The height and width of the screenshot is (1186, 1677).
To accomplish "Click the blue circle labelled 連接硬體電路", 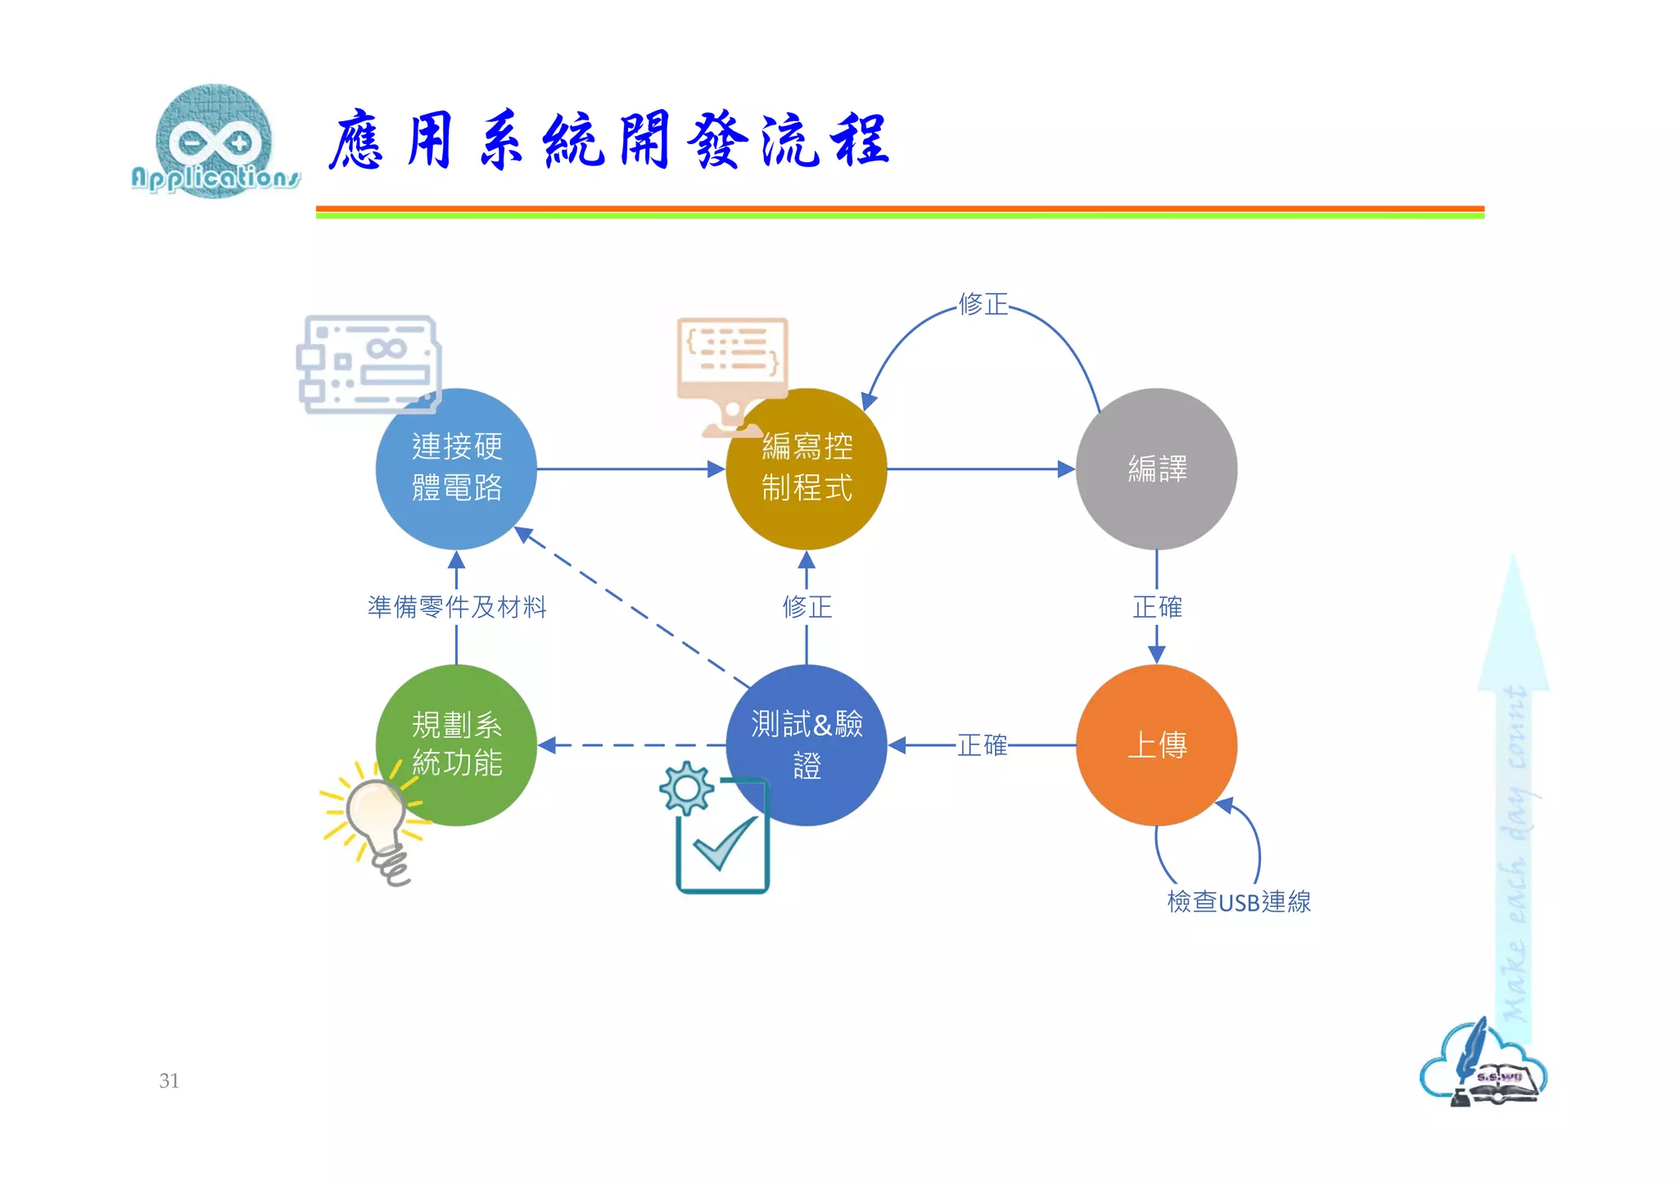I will [x=456, y=469].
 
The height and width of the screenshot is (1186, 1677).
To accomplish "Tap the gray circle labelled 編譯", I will [x=1156, y=469].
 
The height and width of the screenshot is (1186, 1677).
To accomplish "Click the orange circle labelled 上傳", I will [x=1156, y=745].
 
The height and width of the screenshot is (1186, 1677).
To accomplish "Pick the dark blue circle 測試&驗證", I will [x=807, y=745].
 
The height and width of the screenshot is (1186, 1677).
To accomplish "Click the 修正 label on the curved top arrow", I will [x=983, y=304].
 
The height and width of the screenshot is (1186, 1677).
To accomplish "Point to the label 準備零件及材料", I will [x=456, y=607].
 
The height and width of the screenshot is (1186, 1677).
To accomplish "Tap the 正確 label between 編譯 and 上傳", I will [x=1156, y=607].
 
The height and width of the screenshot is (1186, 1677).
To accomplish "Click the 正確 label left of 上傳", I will [x=982, y=745].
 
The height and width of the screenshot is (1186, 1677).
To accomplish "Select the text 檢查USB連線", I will [x=1238, y=902].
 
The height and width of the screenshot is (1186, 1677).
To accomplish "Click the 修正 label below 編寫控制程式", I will [x=807, y=607].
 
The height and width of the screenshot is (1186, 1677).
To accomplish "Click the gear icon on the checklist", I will [x=686, y=788].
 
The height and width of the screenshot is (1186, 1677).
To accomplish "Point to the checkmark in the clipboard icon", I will [x=724, y=844].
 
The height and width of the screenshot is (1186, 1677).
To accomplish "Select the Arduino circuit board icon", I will [x=368, y=364].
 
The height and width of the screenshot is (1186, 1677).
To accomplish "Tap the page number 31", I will [x=169, y=1080].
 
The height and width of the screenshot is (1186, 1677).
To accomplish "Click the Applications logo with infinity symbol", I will [x=215, y=142].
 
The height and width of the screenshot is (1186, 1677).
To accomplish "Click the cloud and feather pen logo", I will [x=1482, y=1065].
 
